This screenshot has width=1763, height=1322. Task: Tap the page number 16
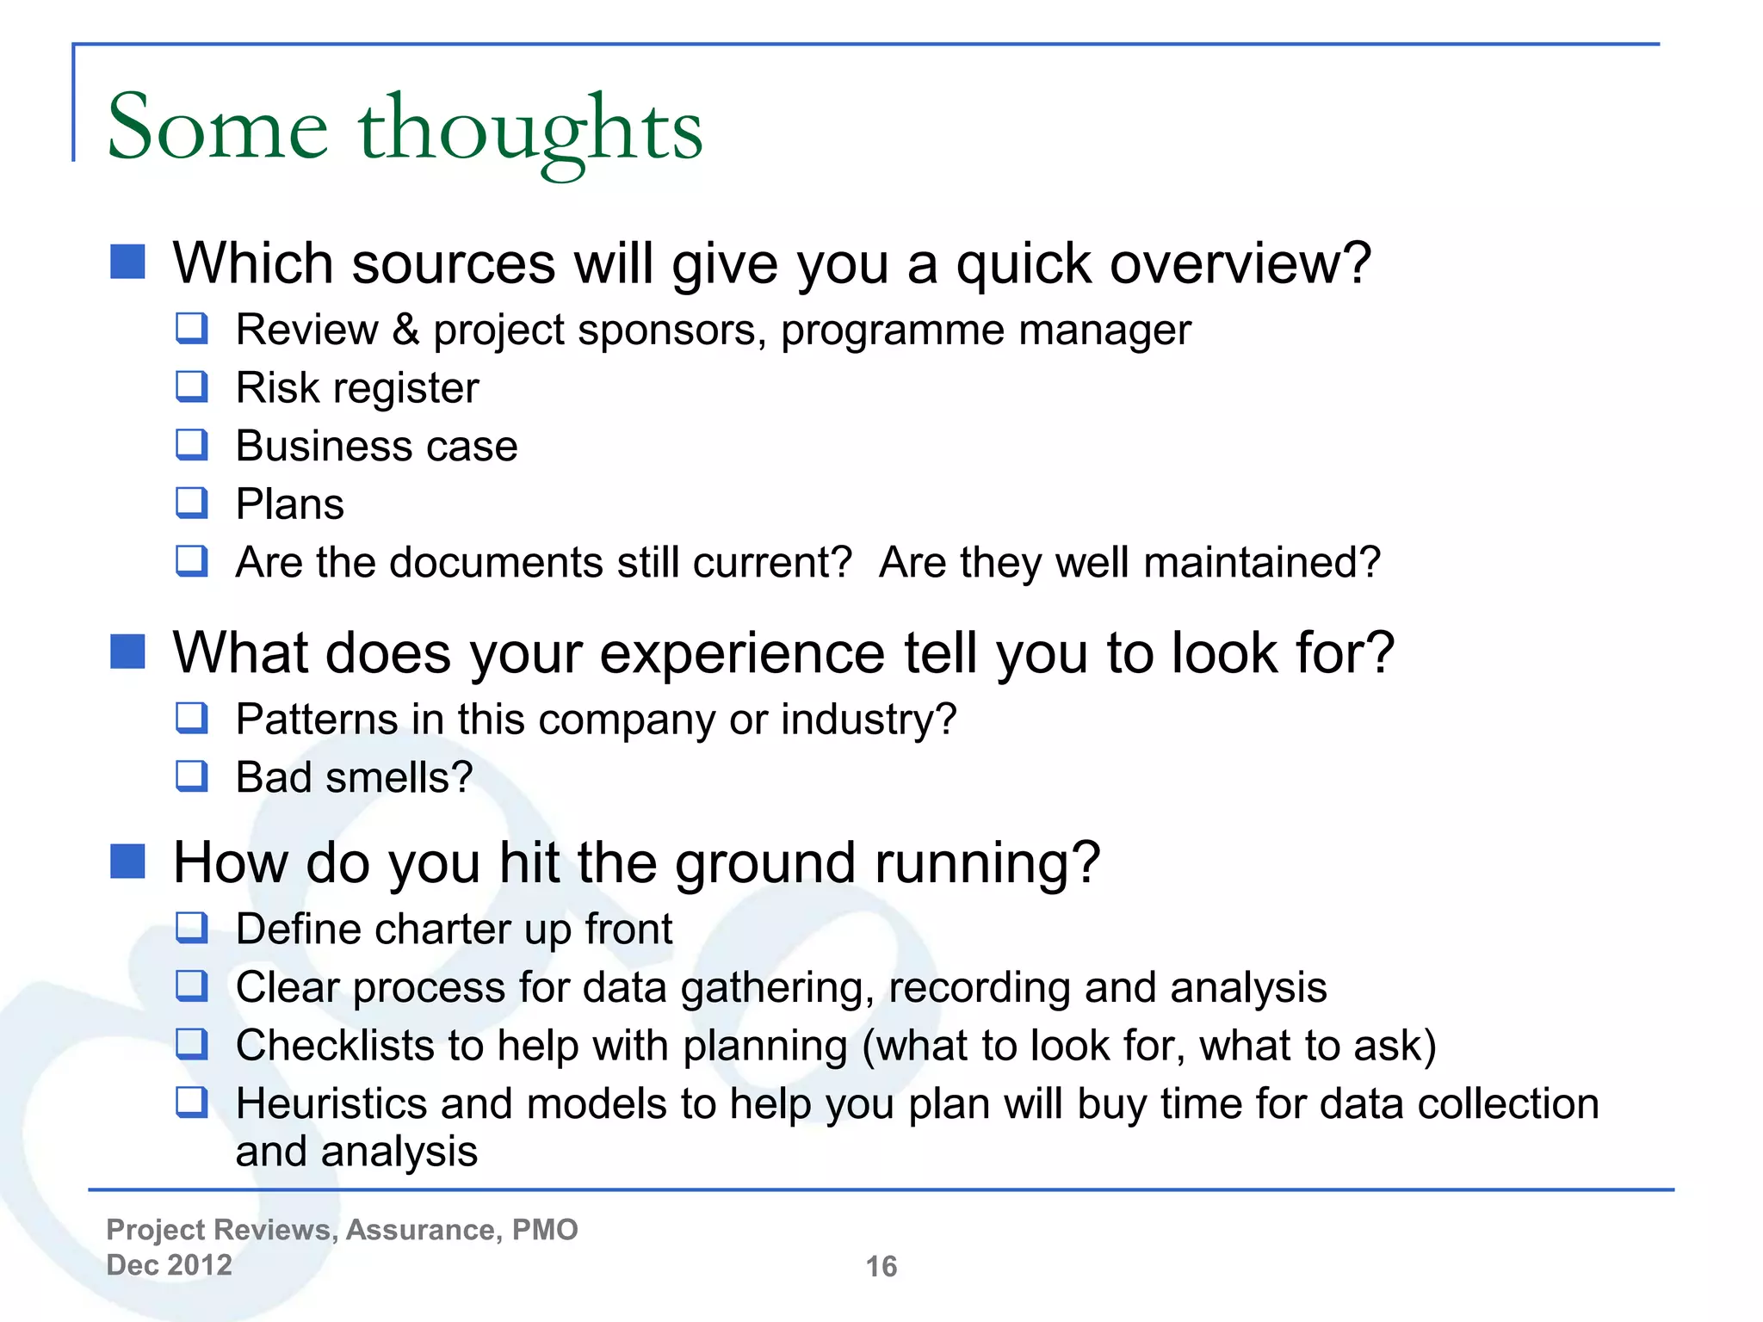coord(881,1266)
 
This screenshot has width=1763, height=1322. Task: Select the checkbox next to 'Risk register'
coord(191,386)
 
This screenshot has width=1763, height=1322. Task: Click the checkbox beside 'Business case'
coord(191,445)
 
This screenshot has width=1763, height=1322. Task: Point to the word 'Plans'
coord(290,504)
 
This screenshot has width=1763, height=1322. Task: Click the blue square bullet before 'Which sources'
coord(127,262)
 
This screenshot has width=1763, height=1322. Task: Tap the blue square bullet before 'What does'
coord(127,652)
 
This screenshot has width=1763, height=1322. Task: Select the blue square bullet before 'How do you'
coord(127,862)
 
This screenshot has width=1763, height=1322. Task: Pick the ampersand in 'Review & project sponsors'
coord(405,330)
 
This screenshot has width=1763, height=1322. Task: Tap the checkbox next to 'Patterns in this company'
coord(191,718)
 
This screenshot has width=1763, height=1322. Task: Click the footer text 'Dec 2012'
coord(170,1265)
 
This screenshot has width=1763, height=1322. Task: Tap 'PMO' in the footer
coord(545,1230)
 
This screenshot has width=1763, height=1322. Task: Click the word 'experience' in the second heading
coord(742,654)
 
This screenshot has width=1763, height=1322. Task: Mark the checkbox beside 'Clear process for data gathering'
coord(191,986)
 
